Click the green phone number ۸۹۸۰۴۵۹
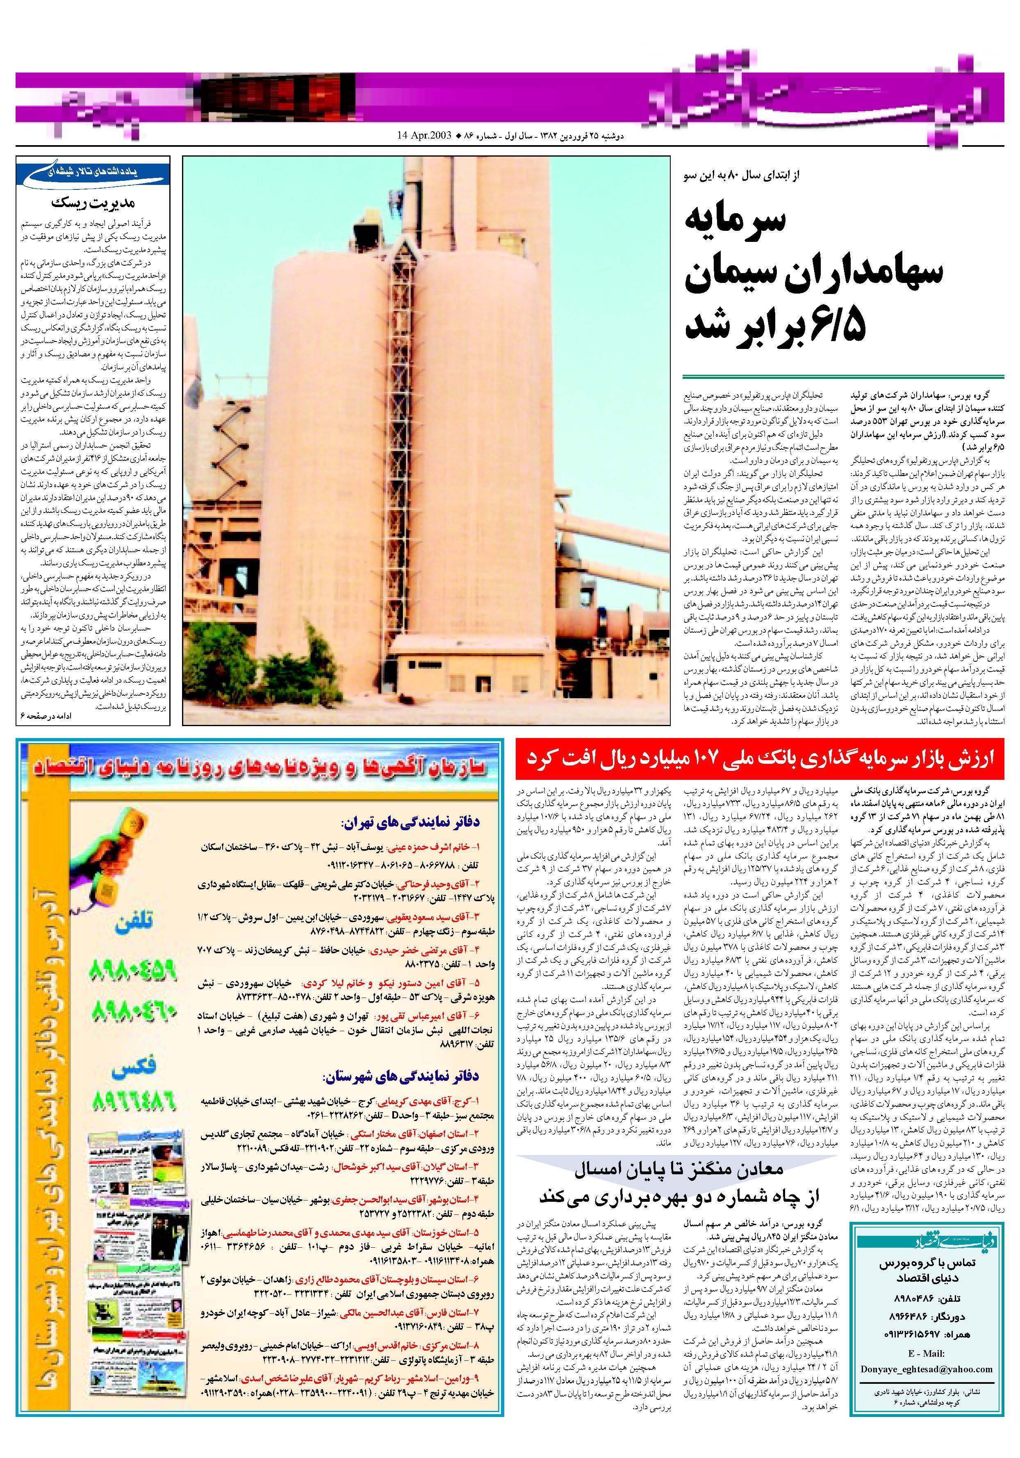[132, 970]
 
